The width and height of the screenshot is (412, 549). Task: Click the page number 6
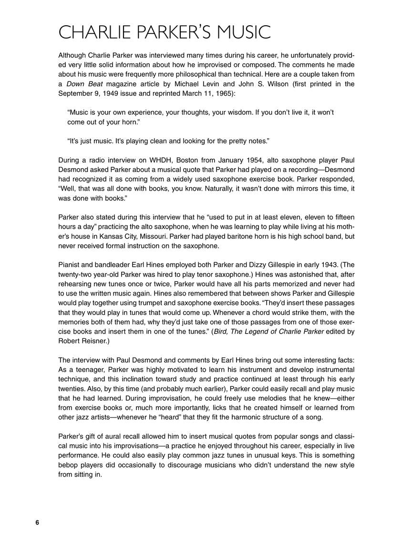pos(37,522)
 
